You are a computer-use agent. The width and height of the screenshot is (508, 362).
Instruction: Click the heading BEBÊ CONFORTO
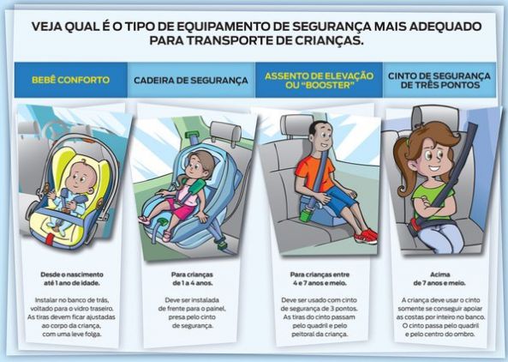(70, 80)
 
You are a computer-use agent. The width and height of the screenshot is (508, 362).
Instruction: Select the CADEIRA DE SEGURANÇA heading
(191, 81)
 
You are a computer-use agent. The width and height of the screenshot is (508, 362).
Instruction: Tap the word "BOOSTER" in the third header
(320, 85)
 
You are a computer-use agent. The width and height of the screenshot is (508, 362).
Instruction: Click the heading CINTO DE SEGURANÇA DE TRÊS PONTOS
(439, 81)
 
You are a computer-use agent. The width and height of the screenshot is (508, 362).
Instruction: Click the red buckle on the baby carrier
(50, 239)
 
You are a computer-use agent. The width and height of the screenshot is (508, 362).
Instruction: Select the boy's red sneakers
(366, 236)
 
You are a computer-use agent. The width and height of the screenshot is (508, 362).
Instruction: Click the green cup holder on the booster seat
(306, 215)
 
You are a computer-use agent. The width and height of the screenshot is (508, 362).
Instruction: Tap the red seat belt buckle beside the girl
(415, 224)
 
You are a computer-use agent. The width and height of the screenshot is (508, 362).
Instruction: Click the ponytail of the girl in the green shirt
(403, 169)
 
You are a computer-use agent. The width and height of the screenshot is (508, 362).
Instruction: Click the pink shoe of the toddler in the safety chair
(144, 220)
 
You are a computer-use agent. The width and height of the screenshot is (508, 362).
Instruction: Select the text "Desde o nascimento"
(72, 275)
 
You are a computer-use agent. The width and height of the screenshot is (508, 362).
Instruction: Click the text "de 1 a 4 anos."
(193, 283)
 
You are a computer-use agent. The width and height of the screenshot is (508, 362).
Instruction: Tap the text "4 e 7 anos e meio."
(320, 283)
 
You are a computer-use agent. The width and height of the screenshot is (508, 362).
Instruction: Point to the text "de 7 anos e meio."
(439, 283)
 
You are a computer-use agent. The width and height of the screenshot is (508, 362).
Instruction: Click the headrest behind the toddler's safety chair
(226, 131)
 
